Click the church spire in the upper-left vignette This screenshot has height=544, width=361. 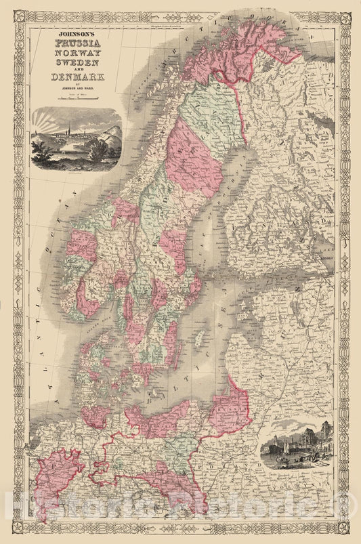click(68, 128)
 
